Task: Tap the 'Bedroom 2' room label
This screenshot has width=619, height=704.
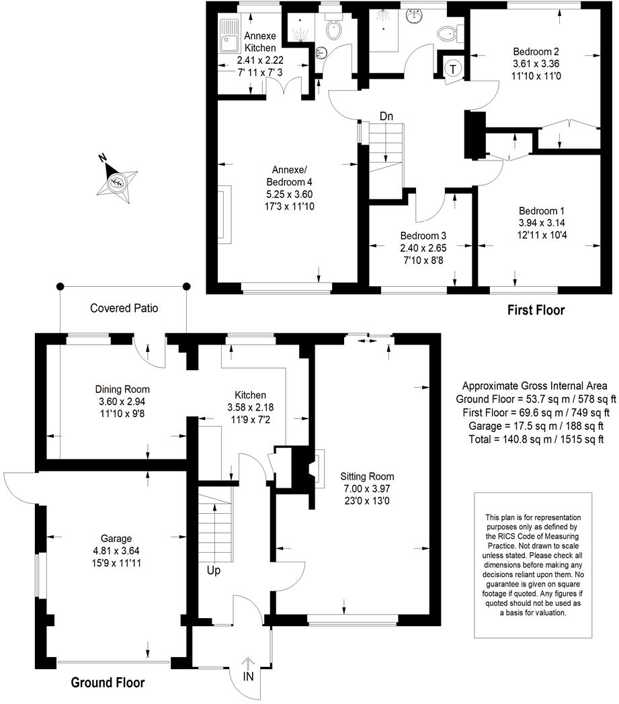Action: click(x=536, y=52)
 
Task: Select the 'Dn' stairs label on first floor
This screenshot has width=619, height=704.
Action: click(x=386, y=116)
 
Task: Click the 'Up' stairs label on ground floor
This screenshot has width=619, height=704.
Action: click(x=214, y=571)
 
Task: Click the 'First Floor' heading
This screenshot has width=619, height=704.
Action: click(x=535, y=310)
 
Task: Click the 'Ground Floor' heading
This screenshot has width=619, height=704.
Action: click(x=108, y=683)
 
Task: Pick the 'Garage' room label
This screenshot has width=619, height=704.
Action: click(x=116, y=539)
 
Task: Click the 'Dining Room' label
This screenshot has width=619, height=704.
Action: click(x=122, y=389)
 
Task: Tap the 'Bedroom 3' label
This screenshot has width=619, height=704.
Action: click(x=423, y=236)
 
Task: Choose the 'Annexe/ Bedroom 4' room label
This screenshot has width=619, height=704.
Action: click(x=289, y=176)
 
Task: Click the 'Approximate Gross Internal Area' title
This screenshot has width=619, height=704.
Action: click(x=534, y=386)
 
